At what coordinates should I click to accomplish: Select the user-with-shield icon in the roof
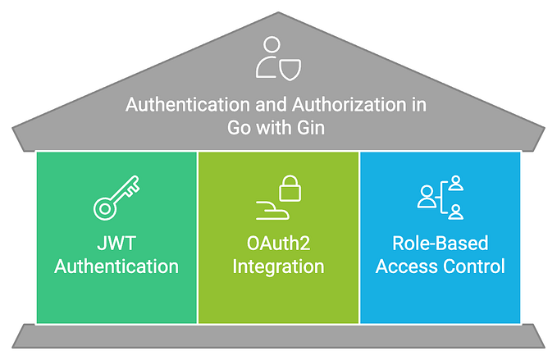(x=278, y=58)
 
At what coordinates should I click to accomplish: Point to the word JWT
(x=115, y=244)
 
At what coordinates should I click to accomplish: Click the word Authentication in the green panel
(x=115, y=267)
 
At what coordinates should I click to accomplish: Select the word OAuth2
(x=278, y=244)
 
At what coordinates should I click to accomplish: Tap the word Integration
(x=278, y=267)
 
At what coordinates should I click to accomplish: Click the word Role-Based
(x=441, y=244)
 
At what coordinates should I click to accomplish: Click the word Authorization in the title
(x=354, y=106)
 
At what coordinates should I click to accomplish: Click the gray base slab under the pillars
(x=278, y=335)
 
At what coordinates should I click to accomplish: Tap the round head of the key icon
(x=103, y=209)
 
